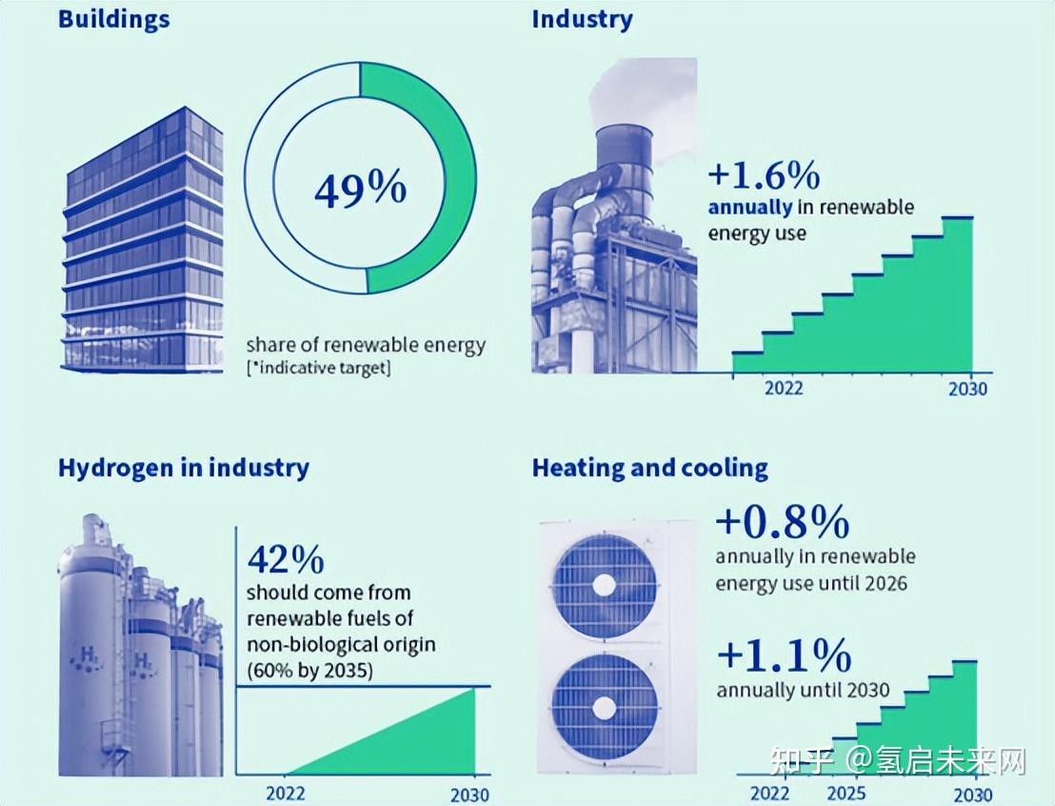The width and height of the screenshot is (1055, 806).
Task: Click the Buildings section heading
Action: point(113,20)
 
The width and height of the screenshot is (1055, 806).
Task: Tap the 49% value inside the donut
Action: point(360,189)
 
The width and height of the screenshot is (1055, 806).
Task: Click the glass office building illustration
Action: point(143,243)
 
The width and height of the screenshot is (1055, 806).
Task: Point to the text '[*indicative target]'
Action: point(318,369)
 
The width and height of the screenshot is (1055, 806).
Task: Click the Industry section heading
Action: point(582,20)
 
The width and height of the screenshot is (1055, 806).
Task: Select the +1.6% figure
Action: point(764,175)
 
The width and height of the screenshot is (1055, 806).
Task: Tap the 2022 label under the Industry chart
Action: point(783,389)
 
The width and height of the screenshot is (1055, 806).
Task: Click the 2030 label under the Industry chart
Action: point(967,389)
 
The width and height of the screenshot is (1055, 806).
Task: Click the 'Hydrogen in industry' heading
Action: point(184,468)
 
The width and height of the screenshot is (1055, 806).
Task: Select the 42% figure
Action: point(285,556)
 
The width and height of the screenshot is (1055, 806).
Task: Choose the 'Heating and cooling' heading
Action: point(649,468)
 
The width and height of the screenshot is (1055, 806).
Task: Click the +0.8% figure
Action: point(782,522)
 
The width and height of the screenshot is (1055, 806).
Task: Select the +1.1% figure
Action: point(784,655)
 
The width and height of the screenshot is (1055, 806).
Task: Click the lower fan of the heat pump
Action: point(604,707)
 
